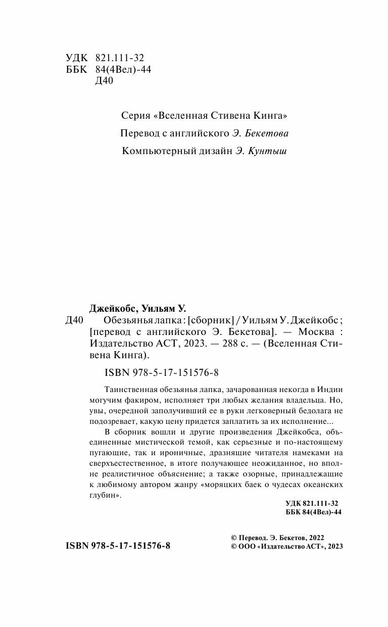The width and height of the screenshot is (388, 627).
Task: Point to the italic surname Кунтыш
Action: pyautogui.click(x=268, y=151)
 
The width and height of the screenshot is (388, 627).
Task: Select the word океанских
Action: pyautogui.click(x=323, y=485)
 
